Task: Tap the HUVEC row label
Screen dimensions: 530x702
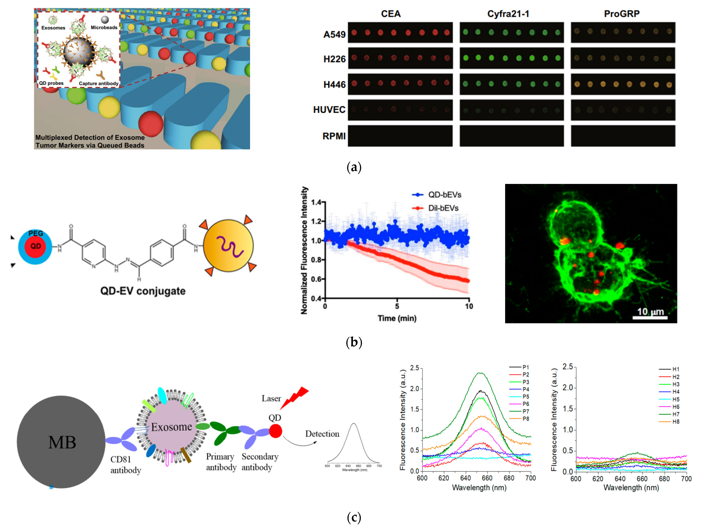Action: [329, 110]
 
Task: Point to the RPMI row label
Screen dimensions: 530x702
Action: [334, 136]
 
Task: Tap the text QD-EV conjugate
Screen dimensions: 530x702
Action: [143, 291]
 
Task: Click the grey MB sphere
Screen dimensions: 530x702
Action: [61, 442]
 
